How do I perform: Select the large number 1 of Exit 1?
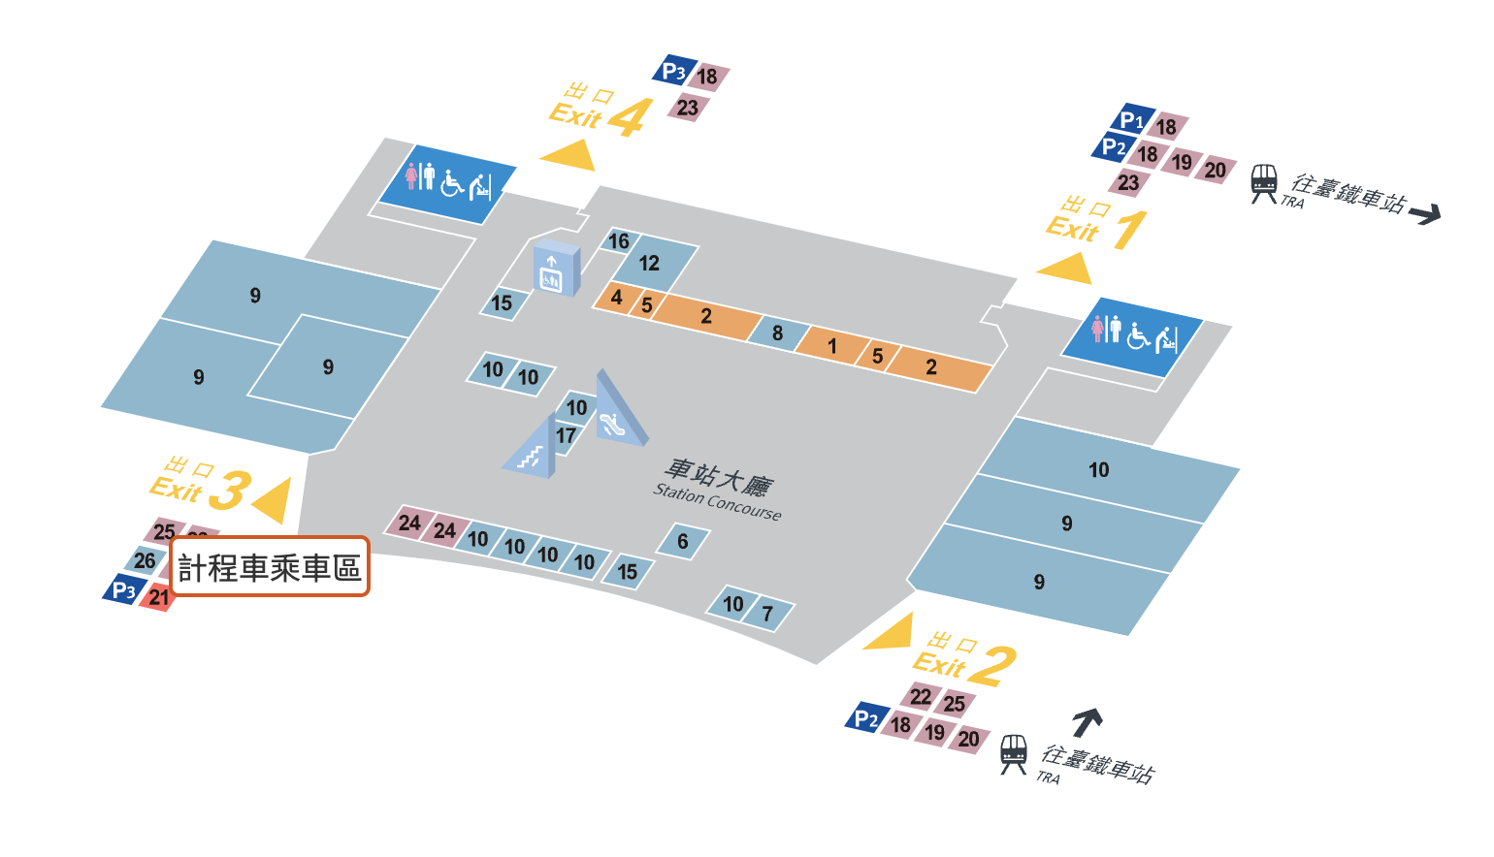[x=1128, y=231]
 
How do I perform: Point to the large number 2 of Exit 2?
[x=993, y=667]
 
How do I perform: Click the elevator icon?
[x=551, y=270]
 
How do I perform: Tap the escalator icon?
[x=613, y=423]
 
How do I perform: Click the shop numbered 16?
[x=618, y=241]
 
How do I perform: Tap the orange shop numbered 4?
[x=616, y=298]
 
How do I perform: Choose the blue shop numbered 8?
[x=778, y=333]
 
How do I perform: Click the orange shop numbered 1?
[x=831, y=346]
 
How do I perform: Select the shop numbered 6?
[x=682, y=541]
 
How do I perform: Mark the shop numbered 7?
[x=768, y=614]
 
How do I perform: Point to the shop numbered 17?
[x=566, y=436]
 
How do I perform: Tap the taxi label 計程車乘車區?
[x=270, y=567]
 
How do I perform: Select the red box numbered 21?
[x=158, y=597]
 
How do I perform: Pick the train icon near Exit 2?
[x=1013, y=753]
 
